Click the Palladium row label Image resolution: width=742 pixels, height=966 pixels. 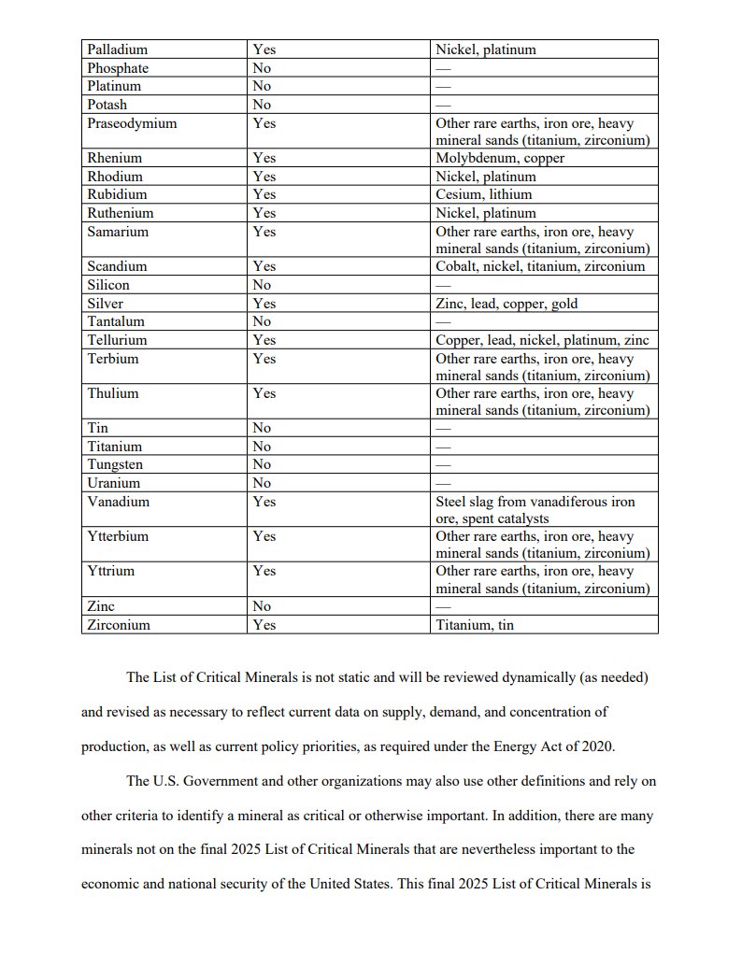[117, 50]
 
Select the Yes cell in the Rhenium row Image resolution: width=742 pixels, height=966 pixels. [264, 158]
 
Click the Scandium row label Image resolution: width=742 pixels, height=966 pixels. [117, 266]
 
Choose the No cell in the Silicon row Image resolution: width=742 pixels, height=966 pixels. [262, 285]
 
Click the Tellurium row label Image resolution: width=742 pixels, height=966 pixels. [117, 340]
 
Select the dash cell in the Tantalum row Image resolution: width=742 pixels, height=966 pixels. [443, 322]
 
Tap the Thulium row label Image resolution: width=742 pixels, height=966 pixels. [112, 393]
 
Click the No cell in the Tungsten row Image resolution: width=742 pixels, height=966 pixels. [262, 464]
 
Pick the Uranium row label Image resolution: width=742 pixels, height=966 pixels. [113, 483]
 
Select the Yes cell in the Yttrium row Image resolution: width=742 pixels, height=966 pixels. [264, 570]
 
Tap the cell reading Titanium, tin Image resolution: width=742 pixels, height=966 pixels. [474, 625]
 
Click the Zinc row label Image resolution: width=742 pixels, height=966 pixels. [101, 606]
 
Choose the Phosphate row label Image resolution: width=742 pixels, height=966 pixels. [118, 68]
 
